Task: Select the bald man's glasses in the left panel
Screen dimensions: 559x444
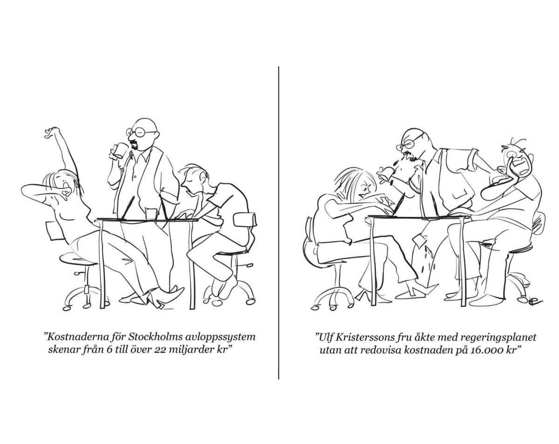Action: [x=140, y=132]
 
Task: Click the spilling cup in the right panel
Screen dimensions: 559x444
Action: [x=387, y=173]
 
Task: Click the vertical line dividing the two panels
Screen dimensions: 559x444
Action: [x=279, y=223]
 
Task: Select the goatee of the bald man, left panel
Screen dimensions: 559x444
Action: [x=135, y=144]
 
